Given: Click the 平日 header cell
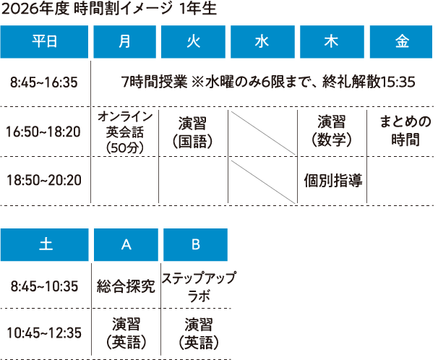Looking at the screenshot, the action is pos(44,42).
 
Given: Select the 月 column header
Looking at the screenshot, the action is pos(124,42).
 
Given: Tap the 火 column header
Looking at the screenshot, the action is pos(193,42).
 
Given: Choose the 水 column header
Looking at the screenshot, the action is pos(262,42).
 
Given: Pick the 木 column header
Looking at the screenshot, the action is pos(332,42).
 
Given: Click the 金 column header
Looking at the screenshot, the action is pos(401,42).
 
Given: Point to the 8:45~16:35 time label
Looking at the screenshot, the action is pos(44,82).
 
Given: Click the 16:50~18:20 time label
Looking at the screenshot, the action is pos(43,132).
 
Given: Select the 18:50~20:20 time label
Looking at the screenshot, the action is pos(44,180).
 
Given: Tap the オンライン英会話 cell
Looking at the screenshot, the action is pos(125,132).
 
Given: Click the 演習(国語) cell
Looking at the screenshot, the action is pos(193,132).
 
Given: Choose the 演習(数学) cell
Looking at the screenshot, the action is pos(332,131).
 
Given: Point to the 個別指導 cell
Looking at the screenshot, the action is pos(333,181).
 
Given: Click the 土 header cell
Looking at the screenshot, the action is pos(45,244).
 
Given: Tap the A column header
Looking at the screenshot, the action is pos(126,244).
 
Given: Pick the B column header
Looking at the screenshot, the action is pos(196,244).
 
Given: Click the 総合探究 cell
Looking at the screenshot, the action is pos(126,286).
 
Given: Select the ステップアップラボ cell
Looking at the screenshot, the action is pos(199,287).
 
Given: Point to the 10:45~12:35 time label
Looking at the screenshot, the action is pos(44,333).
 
